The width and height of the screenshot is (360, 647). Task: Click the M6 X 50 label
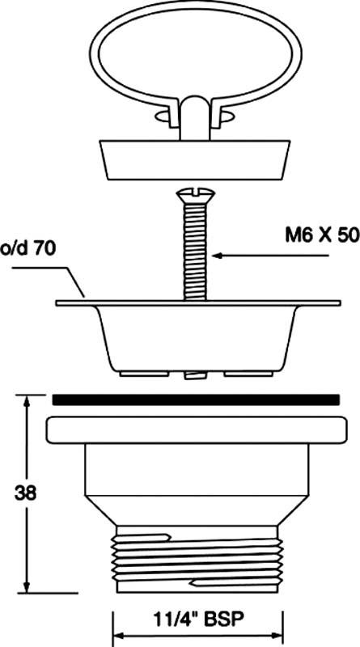(x=322, y=235)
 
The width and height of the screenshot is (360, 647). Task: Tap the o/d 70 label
(x=28, y=249)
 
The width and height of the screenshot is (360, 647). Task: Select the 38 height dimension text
(x=25, y=493)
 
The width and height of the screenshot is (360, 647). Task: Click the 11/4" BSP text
(x=198, y=620)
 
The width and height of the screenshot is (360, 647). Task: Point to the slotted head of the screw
(x=195, y=195)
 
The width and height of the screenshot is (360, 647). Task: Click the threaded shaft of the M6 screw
(x=195, y=251)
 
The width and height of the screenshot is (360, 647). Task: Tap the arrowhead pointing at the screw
(x=218, y=256)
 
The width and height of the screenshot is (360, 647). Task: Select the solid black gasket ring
(x=196, y=400)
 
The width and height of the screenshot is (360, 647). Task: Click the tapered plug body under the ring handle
(x=195, y=160)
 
